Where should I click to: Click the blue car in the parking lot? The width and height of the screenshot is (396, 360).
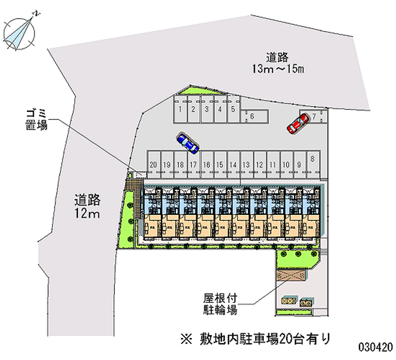187,143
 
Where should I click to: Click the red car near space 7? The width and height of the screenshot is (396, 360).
296,124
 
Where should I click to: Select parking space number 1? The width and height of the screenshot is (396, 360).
181,109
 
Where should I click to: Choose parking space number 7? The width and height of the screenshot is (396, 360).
314,117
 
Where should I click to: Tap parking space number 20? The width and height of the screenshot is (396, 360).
154,164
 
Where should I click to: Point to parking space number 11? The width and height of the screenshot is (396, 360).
272,164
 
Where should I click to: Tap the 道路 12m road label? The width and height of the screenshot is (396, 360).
88,206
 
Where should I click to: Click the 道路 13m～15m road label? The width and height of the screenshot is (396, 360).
277,63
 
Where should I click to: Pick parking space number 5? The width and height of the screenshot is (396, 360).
233,109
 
